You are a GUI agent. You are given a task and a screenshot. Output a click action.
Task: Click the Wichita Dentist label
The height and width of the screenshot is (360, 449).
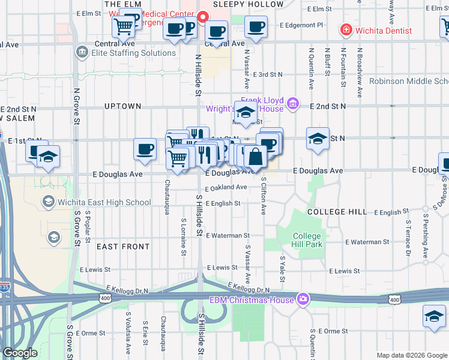pos(383,31)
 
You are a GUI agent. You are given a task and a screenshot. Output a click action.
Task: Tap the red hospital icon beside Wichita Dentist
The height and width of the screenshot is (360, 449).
pos(346,30)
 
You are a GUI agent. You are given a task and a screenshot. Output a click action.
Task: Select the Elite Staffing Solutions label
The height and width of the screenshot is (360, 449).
pos(125,53)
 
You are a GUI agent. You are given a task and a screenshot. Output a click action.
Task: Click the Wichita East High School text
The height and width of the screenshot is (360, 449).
pos(104,202)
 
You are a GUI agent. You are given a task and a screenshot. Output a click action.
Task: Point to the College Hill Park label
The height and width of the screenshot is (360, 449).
pos(307,240)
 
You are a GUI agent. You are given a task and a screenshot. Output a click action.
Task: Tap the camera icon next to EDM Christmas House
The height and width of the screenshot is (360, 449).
pos(304,299)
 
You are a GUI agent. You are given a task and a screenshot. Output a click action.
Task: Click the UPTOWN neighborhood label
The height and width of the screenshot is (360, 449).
pos(122,106)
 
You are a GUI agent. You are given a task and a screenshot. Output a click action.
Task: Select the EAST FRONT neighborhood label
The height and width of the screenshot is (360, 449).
pos(123,247)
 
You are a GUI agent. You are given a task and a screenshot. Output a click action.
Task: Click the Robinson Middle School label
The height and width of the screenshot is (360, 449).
pos(408,82)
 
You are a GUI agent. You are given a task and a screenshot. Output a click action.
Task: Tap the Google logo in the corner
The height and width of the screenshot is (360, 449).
pos(20,353)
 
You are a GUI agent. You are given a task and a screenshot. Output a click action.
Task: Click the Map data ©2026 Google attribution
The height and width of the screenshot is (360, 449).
pos(412,355)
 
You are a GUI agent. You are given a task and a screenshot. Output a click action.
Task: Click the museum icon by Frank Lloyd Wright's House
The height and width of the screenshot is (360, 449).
pos(292,104)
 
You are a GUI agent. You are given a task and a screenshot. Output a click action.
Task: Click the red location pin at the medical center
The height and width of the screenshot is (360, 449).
pos(203,17)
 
